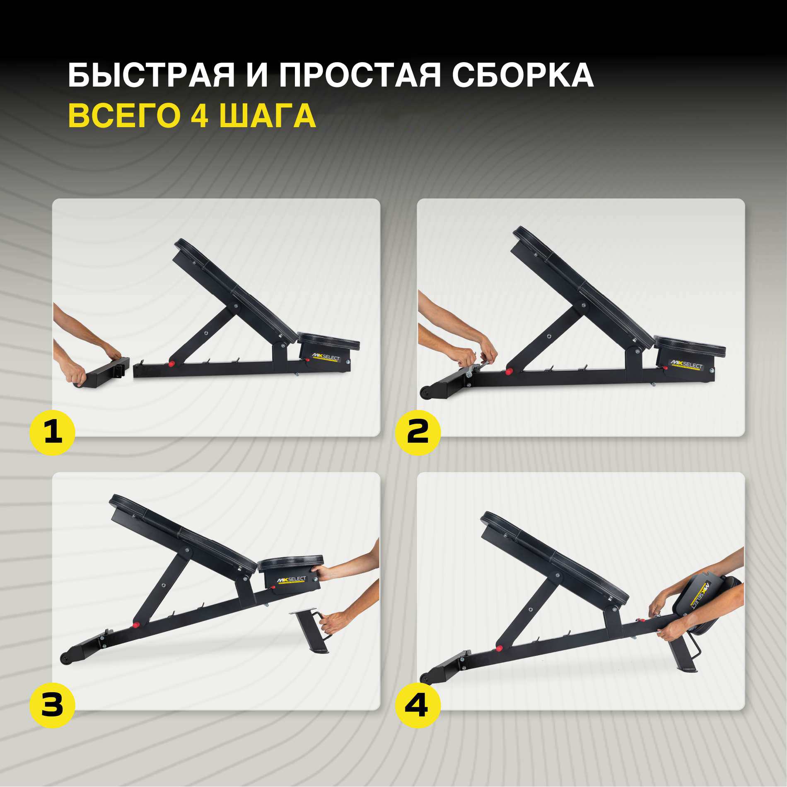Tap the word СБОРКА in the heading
(523, 75)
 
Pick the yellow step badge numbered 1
(53, 432)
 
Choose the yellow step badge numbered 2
(418, 432)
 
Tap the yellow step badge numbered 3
(53, 706)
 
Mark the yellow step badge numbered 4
(418, 706)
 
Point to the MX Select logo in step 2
(686, 365)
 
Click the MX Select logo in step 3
(292, 579)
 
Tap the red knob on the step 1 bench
(171, 364)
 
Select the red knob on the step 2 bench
(509, 372)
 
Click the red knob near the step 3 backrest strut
(135, 625)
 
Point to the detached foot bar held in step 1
(102, 373)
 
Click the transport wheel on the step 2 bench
(425, 392)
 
